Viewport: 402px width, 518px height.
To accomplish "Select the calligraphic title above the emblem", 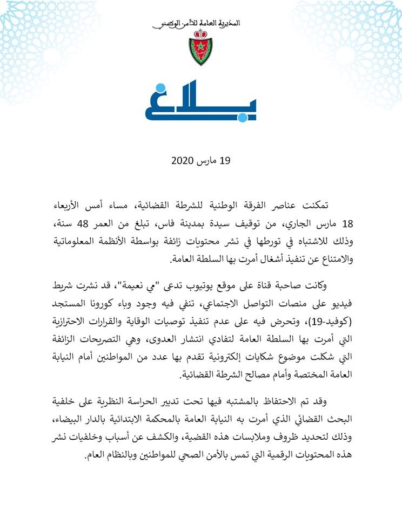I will pos(200,24).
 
